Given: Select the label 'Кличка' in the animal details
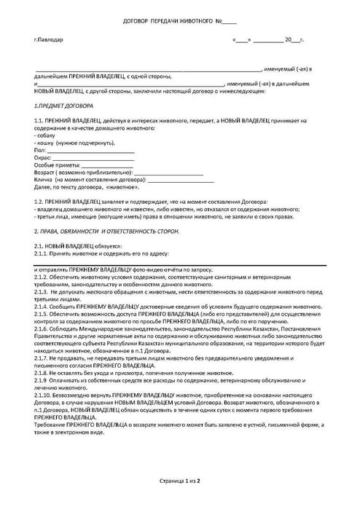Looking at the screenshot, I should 44,179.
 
